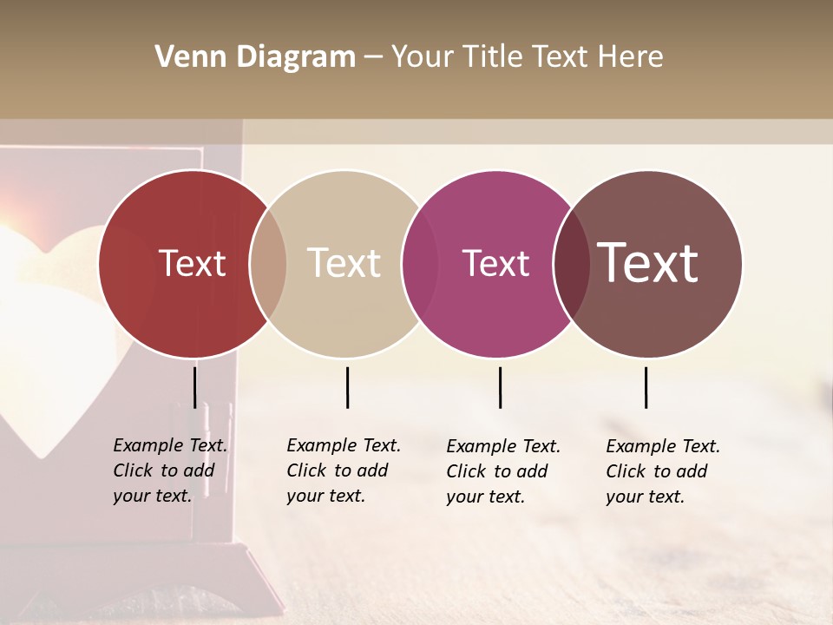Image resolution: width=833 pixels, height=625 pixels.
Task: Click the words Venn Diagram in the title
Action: coord(255,57)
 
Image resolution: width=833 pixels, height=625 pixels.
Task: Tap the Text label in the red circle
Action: coord(192,263)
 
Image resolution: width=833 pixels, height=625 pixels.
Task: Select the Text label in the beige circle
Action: coord(344,263)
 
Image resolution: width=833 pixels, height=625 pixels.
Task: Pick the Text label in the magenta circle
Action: coord(495,263)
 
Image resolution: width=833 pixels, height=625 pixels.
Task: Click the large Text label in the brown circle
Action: coord(648,262)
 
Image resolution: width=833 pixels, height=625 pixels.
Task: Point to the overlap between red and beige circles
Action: coord(268,264)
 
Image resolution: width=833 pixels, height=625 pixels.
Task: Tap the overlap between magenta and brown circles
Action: coord(571,264)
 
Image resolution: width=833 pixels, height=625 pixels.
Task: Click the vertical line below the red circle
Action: coord(194,387)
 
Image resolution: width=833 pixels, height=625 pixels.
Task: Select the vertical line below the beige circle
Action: coord(347,387)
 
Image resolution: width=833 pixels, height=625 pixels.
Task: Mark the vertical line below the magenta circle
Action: coord(500,387)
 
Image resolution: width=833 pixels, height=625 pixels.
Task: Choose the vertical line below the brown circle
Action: coord(646,387)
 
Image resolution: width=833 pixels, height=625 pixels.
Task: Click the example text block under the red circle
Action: coord(170,470)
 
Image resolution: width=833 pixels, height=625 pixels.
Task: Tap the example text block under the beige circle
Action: coord(344,470)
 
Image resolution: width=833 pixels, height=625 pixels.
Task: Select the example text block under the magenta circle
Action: coord(503,471)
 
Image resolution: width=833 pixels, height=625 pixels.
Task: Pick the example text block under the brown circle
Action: coord(663,471)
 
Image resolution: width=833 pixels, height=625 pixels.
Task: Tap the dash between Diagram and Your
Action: coord(373,57)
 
